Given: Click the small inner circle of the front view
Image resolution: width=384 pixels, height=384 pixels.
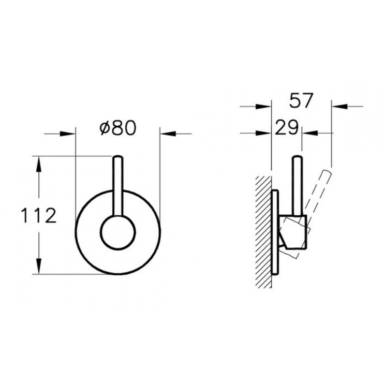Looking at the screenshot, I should (117, 231).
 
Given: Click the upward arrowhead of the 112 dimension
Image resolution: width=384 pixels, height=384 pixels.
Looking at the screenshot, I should (39, 162).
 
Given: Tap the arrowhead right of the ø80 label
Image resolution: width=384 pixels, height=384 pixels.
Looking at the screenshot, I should (168, 134).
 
